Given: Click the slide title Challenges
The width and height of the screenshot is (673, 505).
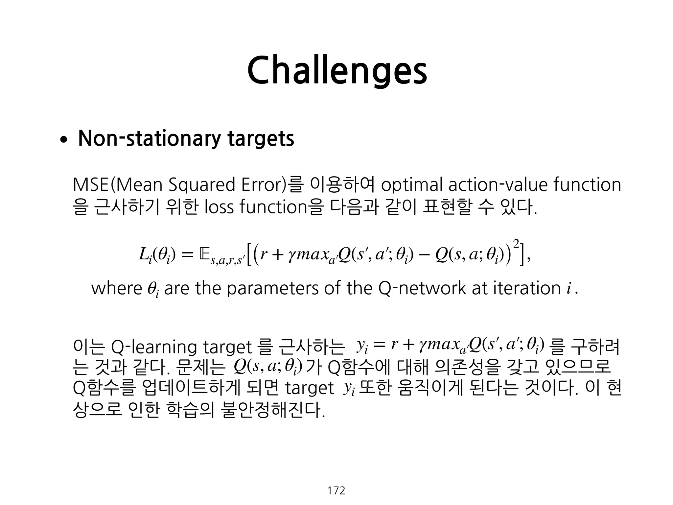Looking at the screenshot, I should [336, 71].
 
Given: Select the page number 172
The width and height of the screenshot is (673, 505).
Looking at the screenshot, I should [336, 491].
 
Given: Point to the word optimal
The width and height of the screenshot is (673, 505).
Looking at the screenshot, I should [412, 185].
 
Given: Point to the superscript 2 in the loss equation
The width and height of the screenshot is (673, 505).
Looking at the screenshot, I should [516, 244].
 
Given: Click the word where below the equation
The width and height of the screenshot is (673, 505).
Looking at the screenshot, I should [116, 288].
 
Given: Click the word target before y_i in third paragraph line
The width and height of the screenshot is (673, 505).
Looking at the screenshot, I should [309, 388].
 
